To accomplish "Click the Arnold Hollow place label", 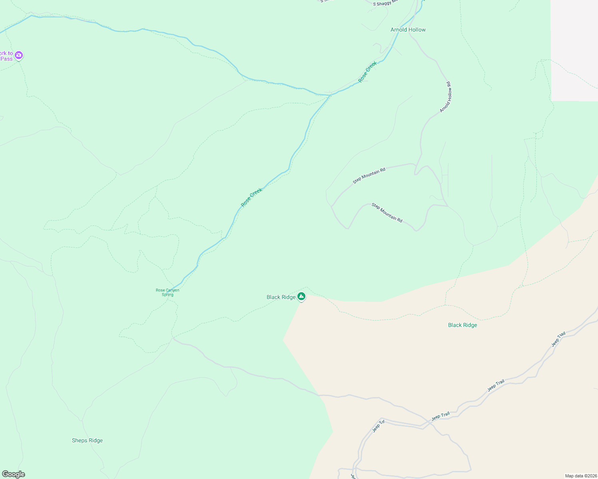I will click(408, 30).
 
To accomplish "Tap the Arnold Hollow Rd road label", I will click(445, 97).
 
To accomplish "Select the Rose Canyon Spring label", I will click(167, 293).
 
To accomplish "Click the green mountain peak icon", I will click(301, 296).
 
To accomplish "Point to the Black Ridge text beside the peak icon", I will click(281, 297).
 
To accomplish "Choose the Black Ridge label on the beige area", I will click(462, 325).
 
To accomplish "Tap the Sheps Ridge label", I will click(87, 441).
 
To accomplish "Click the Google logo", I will click(13, 474).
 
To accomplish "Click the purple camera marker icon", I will click(19, 55).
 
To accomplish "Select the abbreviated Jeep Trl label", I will click(378, 426).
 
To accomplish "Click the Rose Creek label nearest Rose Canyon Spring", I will click(251, 197).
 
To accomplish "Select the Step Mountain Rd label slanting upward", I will click(369, 176).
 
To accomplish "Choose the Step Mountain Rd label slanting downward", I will click(387, 213).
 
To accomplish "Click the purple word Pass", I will click(6, 59).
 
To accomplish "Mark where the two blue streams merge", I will click(331, 95).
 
